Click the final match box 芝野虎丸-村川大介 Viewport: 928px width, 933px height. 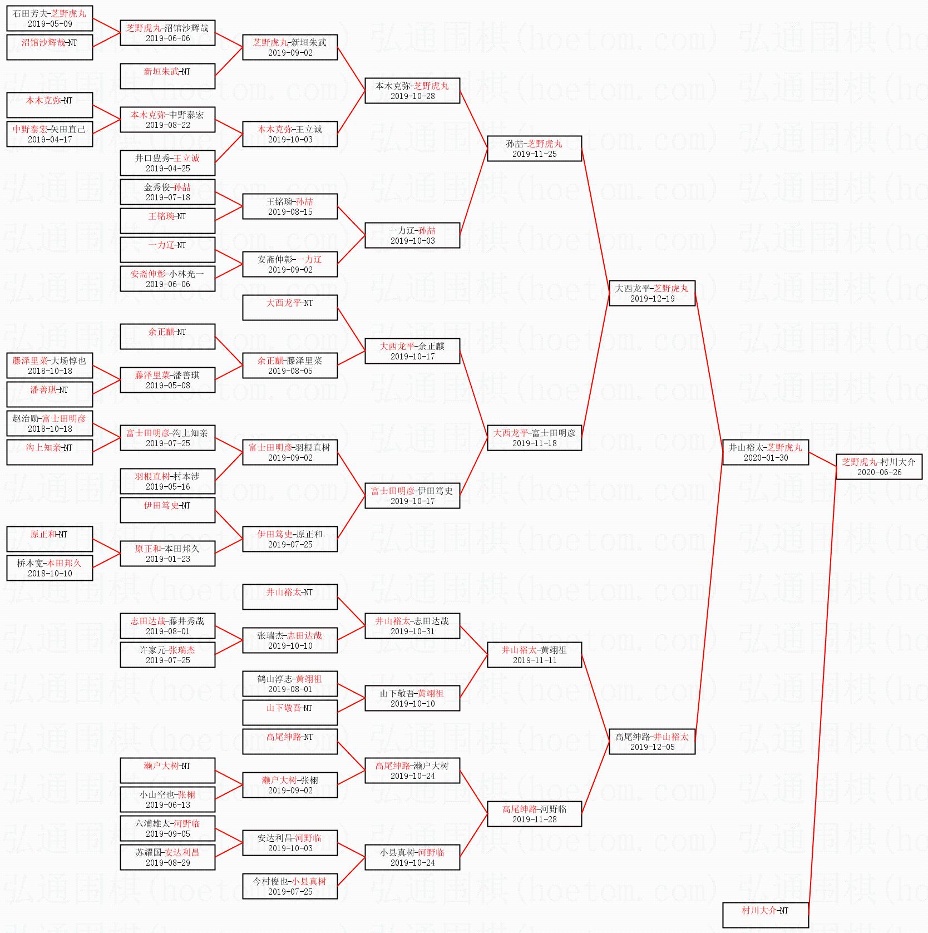click(878, 467)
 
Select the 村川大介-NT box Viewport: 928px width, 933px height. click(765, 915)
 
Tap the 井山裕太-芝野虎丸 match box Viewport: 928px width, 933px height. click(765, 452)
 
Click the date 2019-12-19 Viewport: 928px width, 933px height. click(652, 299)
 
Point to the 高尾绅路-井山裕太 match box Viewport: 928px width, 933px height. click(652, 742)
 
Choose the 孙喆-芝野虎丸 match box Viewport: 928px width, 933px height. click(534, 149)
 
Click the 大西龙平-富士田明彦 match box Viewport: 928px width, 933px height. click(534, 438)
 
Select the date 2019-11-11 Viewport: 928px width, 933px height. click(534, 660)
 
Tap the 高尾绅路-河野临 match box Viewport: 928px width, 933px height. click(534, 814)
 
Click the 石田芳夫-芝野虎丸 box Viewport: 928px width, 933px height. click(50, 18)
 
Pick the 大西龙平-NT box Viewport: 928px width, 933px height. click(290, 308)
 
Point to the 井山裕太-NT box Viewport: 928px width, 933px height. click(290, 597)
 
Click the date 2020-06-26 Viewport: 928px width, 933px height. click(879, 472)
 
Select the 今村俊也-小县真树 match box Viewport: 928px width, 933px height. click(290, 886)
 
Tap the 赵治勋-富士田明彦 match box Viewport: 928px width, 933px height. click(50, 423)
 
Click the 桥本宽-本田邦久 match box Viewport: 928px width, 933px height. click(50, 568)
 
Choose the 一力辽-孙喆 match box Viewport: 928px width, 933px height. click(412, 235)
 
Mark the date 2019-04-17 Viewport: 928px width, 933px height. click(50, 140)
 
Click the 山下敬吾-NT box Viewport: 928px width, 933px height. click(290, 713)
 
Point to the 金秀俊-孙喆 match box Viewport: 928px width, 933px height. click(167, 192)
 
